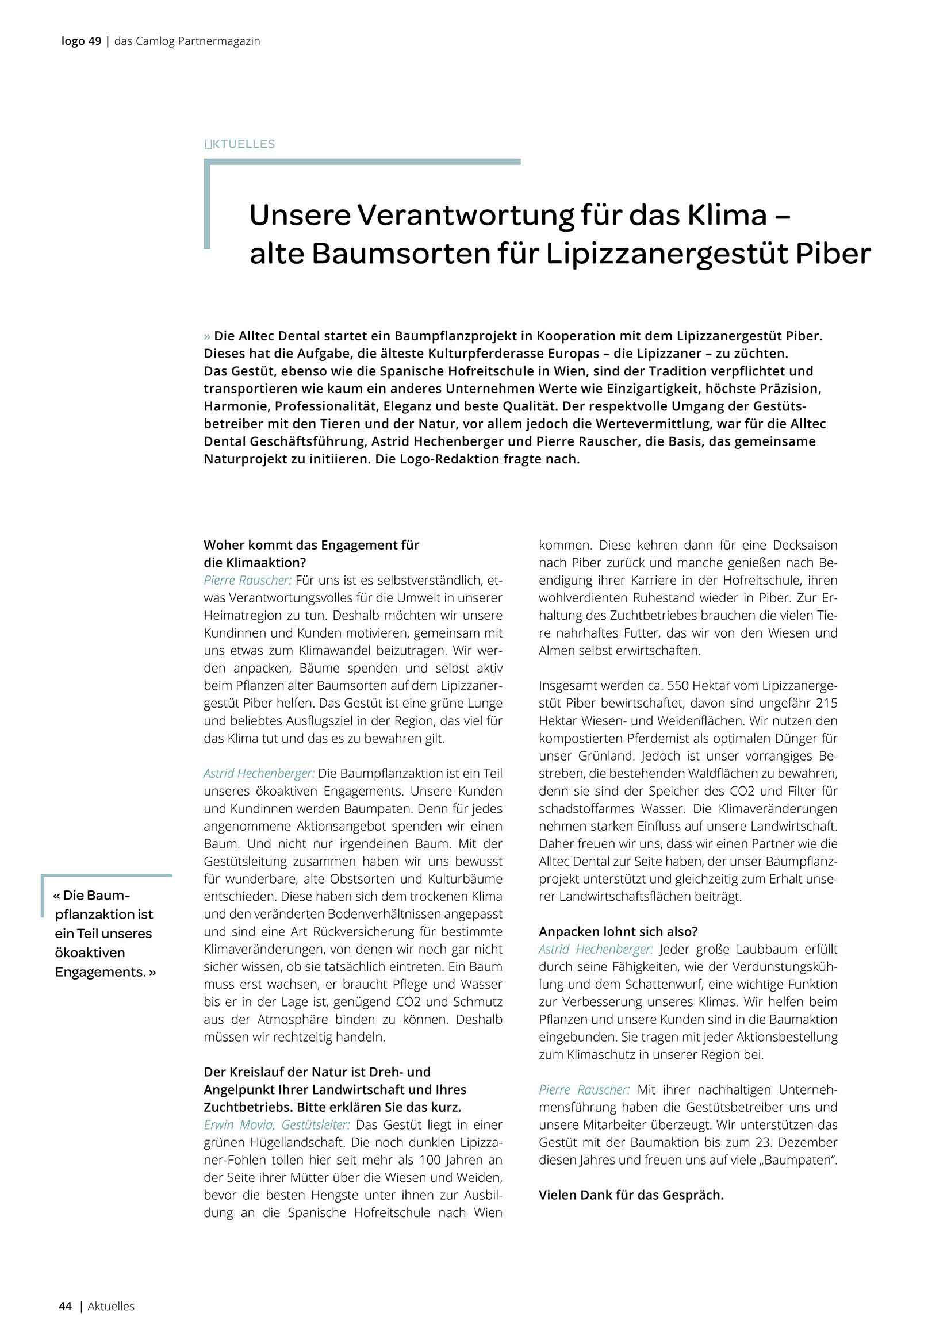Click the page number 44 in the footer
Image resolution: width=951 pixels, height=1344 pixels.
[65, 1306]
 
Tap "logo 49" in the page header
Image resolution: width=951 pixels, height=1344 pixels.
[82, 41]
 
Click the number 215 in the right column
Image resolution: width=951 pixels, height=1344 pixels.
[825, 703]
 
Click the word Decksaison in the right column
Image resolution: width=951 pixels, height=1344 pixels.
[804, 545]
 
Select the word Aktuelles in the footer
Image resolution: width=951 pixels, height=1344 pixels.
[112, 1306]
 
